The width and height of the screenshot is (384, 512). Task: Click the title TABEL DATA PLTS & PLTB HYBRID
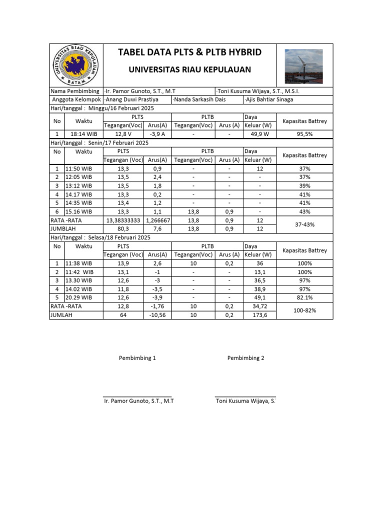point(189,53)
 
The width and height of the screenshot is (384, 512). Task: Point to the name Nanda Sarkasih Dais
point(199,99)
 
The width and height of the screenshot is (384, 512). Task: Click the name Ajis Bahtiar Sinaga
point(269,99)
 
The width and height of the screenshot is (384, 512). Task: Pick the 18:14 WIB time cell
point(83,134)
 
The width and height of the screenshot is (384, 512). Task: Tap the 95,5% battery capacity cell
point(304,134)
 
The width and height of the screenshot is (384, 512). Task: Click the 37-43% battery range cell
point(304,224)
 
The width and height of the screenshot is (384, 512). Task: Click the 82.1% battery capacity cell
point(304,297)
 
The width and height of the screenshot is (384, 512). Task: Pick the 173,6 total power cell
point(258,315)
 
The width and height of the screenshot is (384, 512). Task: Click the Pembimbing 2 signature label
point(245,358)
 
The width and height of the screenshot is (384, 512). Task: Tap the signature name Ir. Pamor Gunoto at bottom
point(138,401)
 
